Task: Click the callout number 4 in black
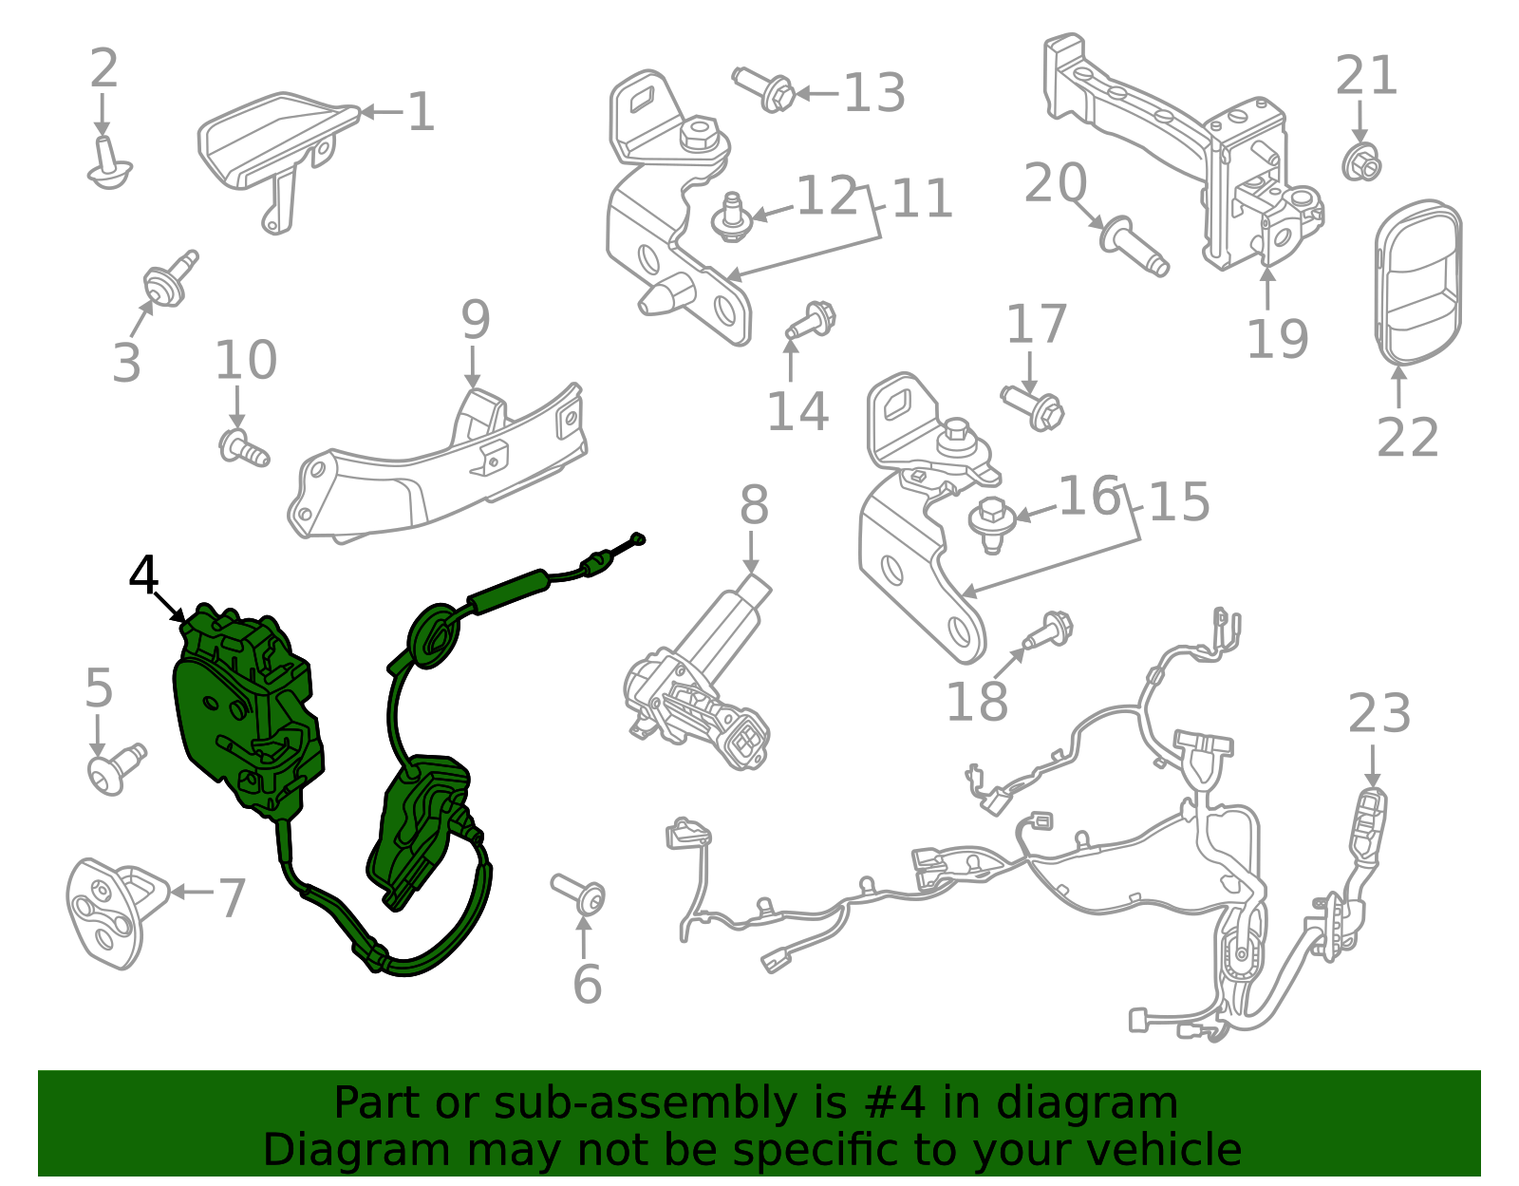(143, 575)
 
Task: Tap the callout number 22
(1407, 438)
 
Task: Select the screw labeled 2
(108, 164)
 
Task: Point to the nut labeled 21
(1361, 164)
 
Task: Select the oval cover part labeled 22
(1417, 282)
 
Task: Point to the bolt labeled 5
(113, 769)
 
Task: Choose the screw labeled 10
(244, 447)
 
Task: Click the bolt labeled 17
(1034, 405)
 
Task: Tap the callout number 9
(475, 320)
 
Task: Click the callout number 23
(1378, 713)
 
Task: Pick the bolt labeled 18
(1050, 630)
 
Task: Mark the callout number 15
(1178, 502)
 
